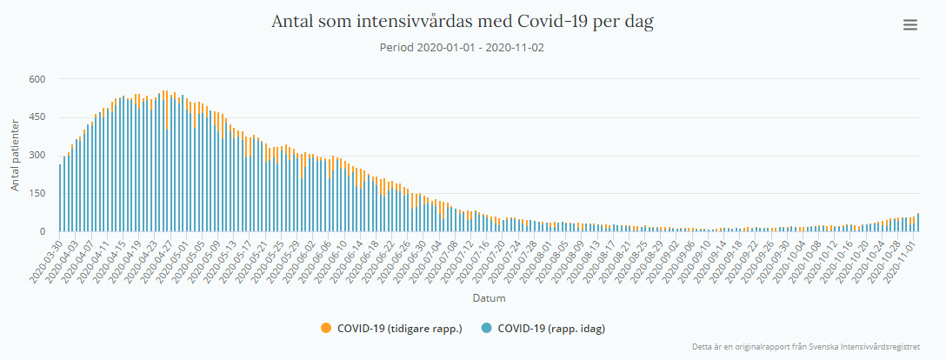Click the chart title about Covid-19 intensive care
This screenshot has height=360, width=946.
coord(463,22)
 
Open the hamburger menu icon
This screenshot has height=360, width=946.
coord(910,25)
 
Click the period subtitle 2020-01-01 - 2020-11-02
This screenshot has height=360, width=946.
coord(462,47)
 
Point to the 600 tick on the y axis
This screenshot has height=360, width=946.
coord(37,79)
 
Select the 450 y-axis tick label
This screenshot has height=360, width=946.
coord(37,117)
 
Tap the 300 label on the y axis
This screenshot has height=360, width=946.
coord(37,156)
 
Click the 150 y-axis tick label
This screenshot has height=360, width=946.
coord(37,193)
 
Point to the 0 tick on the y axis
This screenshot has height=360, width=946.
coord(42,231)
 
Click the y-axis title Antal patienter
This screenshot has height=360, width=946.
coord(16,156)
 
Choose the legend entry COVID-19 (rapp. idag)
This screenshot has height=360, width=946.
coord(550,328)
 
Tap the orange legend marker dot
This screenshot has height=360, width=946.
coord(326,328)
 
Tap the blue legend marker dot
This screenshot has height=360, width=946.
coord(486,328)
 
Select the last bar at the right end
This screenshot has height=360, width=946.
coord(918,223)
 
